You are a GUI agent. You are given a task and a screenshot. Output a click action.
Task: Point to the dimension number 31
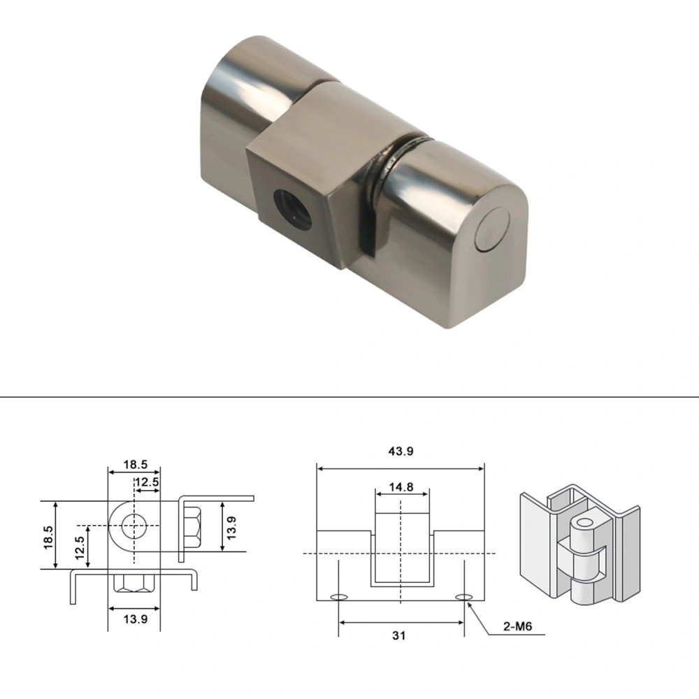400,635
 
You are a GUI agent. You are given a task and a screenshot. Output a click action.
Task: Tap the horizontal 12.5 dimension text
147,482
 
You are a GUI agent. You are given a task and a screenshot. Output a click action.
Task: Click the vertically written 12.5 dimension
81,545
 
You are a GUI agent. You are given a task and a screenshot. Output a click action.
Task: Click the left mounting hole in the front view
339,598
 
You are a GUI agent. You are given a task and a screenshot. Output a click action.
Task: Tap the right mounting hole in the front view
463,597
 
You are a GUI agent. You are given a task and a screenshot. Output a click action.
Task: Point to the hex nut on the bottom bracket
134,582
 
